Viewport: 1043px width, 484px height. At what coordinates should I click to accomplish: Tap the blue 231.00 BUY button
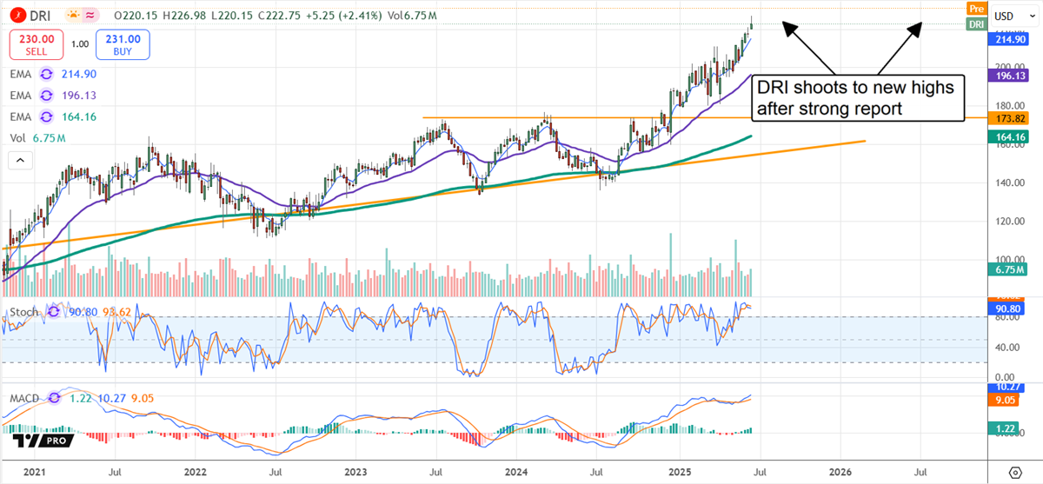123,43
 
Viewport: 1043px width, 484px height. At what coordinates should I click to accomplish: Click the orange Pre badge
977,8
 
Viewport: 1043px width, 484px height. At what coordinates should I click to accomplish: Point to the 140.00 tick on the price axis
1007,182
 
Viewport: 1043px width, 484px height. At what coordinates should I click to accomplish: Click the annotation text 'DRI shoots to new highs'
854,88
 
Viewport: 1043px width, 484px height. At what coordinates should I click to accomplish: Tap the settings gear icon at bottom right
1013,473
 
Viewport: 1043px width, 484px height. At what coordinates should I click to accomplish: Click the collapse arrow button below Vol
19,160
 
